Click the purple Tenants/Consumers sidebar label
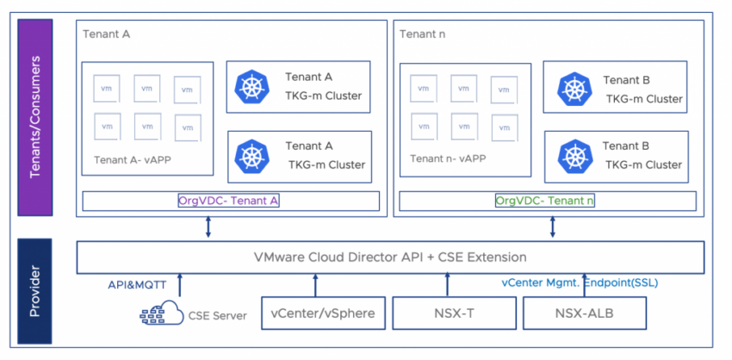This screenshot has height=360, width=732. click(34, 117)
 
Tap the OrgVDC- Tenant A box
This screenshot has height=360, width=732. click(229, 201)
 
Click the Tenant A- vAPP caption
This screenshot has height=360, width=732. click(130, 159)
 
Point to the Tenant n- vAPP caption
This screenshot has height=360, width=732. click(448, 158)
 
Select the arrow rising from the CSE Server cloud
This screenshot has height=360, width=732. click(180, 285)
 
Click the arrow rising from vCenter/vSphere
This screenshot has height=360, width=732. click(315, 285)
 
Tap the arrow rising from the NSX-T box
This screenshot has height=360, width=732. click(448, 285)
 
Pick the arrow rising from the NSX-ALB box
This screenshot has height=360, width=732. click(586, 285)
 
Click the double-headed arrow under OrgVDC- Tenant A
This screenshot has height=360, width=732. click(208, 227)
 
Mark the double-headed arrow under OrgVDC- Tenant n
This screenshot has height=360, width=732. click(552, 227)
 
